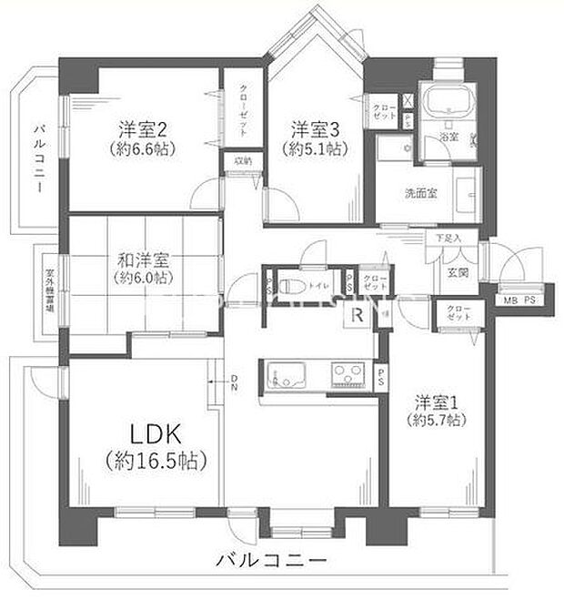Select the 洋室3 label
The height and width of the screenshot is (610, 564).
313,128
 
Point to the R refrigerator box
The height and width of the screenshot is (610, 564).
358,316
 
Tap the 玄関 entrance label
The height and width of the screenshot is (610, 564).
457,270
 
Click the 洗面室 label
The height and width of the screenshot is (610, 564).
422,192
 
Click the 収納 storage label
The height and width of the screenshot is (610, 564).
241,160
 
